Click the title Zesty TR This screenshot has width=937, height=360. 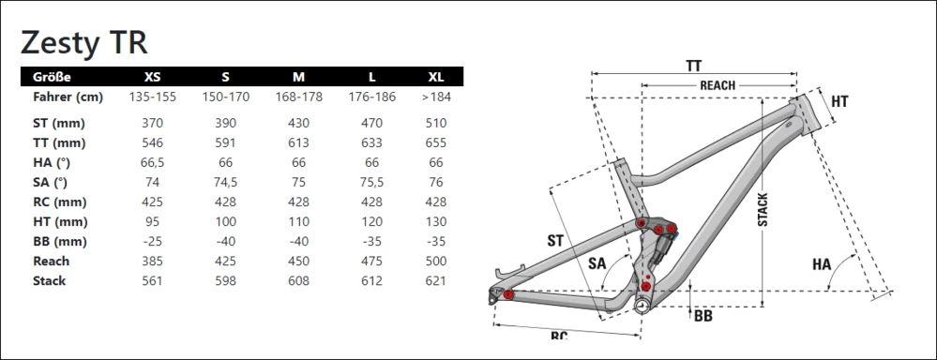83,42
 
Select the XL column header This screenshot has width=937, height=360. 436,77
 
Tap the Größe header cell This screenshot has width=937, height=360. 52,77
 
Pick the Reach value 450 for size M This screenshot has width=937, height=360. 299,261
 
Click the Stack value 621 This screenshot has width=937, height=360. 436,280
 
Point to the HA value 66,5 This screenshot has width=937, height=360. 152,163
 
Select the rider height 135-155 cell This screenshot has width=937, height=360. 152,97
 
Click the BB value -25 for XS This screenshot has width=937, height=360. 152,241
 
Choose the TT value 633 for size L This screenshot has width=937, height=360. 371,142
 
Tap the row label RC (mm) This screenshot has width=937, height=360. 60,202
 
